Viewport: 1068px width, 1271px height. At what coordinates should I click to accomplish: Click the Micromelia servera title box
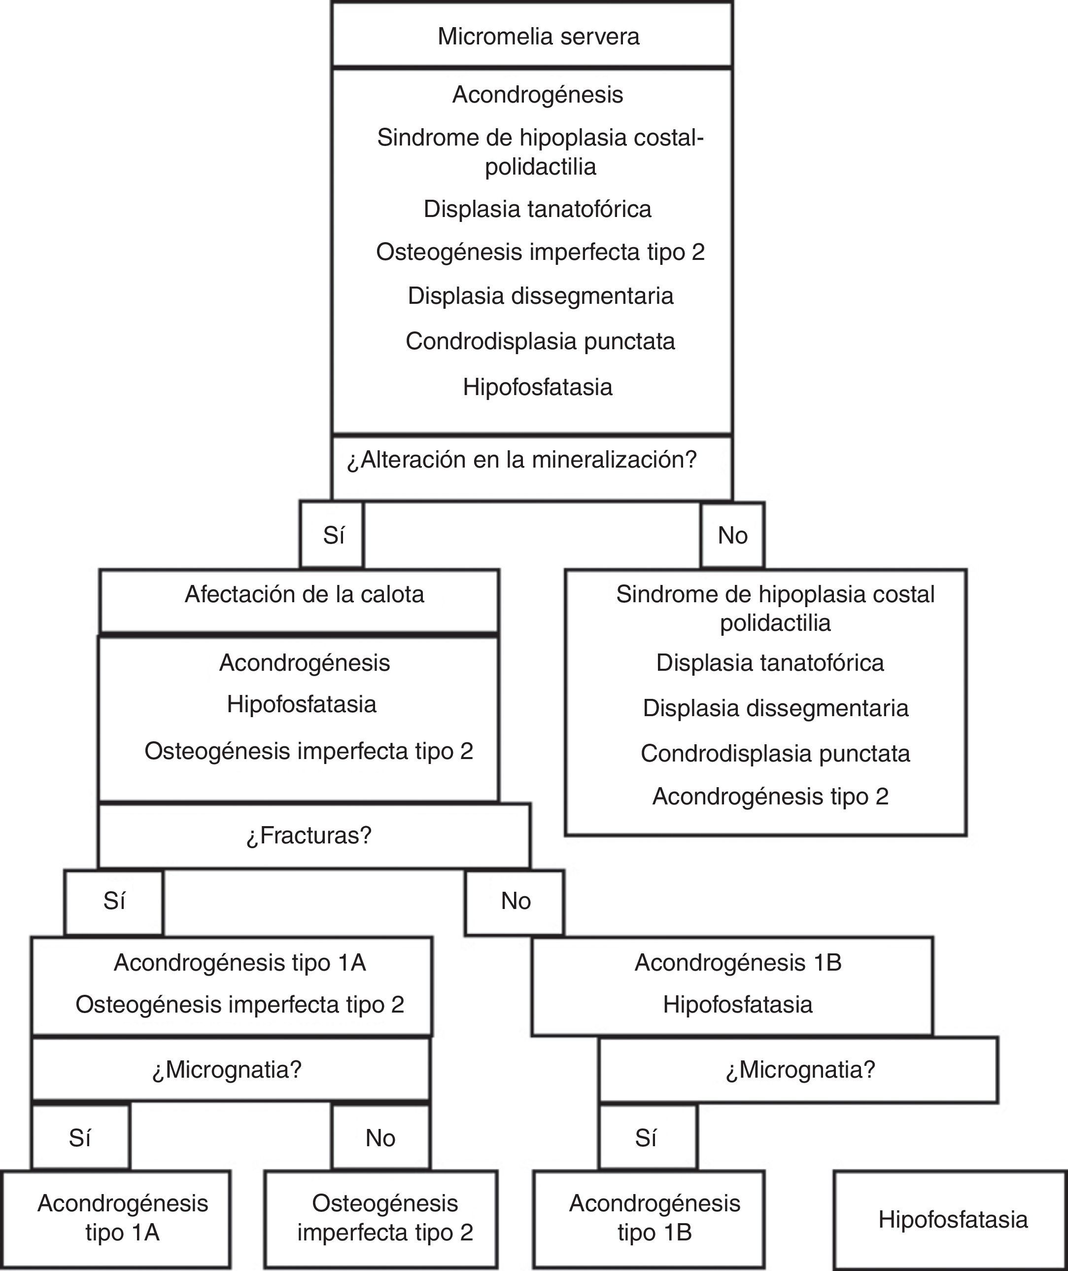(x=538, y=36)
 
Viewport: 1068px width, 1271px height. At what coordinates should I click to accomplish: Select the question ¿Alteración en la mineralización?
(x=522, y=461)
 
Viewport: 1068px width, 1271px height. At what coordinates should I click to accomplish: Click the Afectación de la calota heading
(x=304, y=595)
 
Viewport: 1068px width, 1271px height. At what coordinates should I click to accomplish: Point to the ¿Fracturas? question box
(x=309, y=835)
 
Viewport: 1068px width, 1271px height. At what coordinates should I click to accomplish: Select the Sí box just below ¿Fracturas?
(x=114, y=902)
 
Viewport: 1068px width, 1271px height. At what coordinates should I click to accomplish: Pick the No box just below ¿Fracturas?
(x=515, y=902)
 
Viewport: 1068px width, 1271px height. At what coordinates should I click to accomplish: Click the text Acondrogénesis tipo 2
(x=770, y=796)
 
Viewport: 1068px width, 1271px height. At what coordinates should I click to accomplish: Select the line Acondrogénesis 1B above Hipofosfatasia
(x=737, y=963)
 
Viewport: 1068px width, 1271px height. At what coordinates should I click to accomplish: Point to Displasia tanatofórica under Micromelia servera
(x=537, y=209)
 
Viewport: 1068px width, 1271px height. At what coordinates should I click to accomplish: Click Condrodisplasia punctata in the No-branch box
(x=775, y=754)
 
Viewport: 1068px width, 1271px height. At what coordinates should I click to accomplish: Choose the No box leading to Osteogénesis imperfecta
(x=380, y=1138)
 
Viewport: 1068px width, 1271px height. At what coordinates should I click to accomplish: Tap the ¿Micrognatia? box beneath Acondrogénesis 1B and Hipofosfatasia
(x=800, y=1070)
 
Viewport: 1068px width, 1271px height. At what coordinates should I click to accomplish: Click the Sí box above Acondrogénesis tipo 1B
(x=646, y=1138)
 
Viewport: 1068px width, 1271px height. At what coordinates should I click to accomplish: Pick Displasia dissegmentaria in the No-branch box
(x=775, y=708)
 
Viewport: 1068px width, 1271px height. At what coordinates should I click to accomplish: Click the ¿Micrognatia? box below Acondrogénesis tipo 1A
(x=227, y=1070)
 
